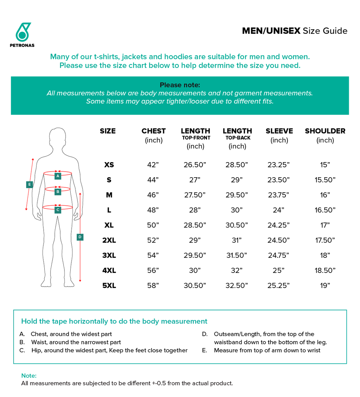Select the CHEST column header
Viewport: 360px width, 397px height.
point(154,131)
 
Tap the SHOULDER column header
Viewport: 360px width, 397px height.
point(325,131)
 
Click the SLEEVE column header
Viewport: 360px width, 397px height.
point(279,131)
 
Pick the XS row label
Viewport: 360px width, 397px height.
point(109,165)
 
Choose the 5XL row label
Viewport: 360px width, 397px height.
point(109,286)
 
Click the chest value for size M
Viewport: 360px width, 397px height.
point(153,195)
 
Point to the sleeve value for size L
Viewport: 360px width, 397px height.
point(278,210)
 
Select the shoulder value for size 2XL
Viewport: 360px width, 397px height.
point(325,240)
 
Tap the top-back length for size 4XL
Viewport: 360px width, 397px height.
point(237,270)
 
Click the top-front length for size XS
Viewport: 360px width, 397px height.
point(195,165)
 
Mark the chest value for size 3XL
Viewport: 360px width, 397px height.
point(153,255)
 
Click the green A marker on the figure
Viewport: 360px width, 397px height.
point(58,176)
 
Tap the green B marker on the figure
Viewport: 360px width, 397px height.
point(58,192)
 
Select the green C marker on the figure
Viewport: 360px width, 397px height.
point(58,210)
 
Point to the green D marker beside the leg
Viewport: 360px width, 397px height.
point(80,237)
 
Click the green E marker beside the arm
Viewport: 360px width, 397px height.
point(30,184)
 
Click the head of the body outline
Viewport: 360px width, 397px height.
point(58,139)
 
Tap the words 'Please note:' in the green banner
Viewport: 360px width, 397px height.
point(180,85)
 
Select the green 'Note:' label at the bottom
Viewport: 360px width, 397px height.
point(29,376)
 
